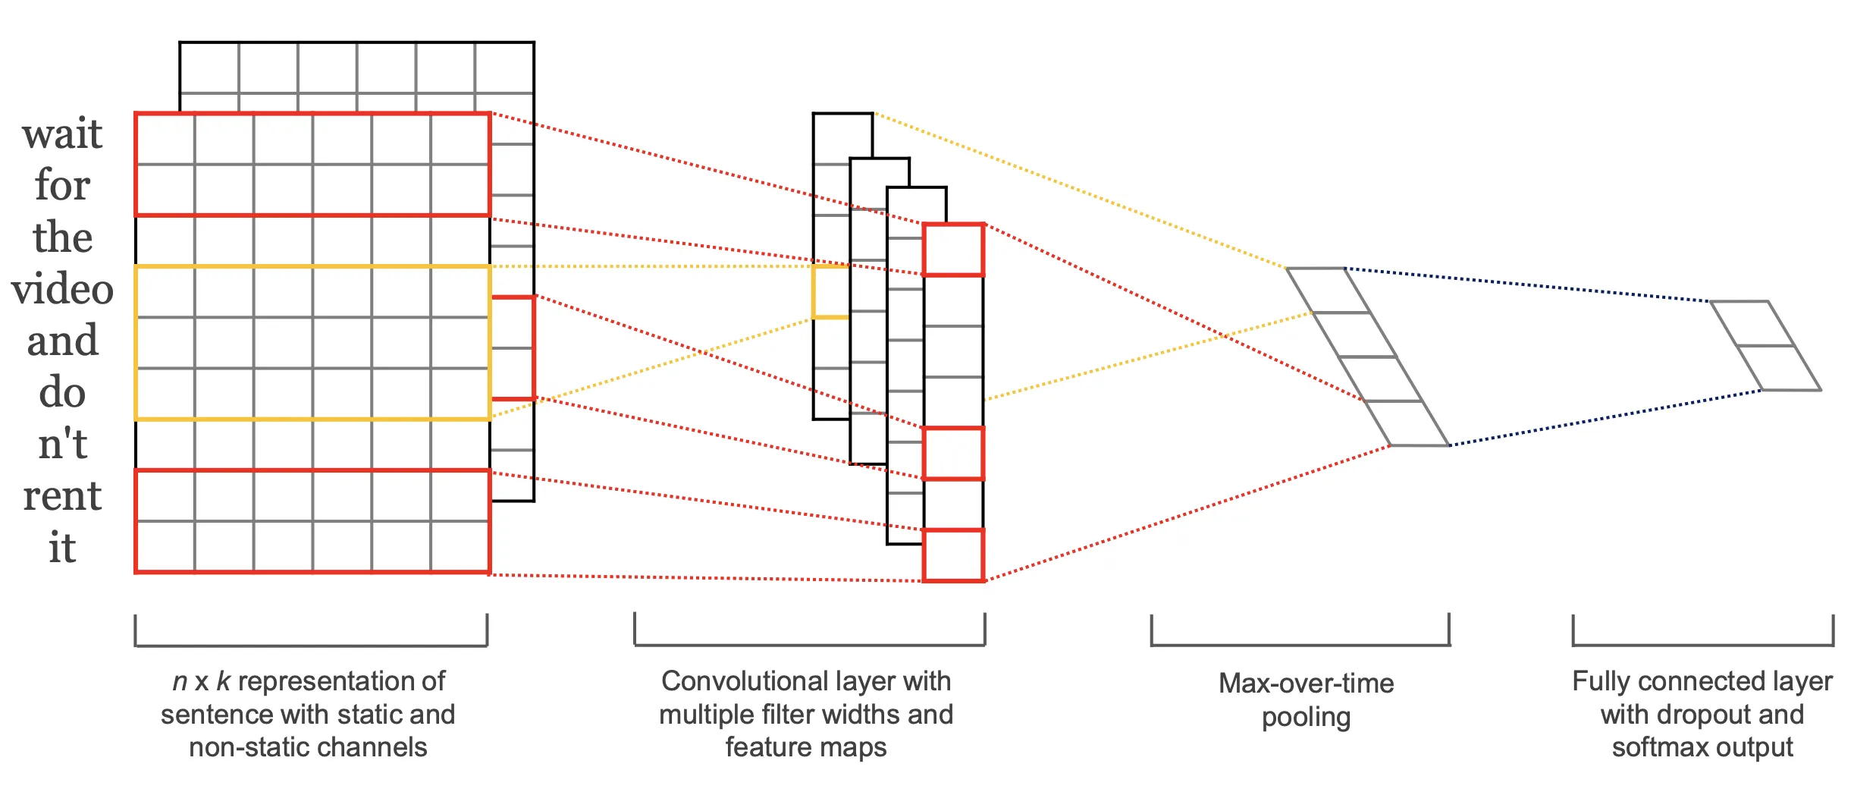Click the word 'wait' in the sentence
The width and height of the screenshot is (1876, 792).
click(62, 134)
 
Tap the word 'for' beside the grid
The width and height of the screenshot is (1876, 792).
click(62, 185)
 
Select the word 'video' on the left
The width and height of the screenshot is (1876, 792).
click(62, 289)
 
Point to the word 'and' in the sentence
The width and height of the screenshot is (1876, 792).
click(62, 341)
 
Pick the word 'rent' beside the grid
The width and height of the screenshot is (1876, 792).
click(62, 496)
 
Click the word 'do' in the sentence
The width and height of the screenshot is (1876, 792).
click(62, 391)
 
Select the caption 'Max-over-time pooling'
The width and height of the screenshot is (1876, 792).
click(1306, 700)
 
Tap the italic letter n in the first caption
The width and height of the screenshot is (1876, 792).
click(180, 682)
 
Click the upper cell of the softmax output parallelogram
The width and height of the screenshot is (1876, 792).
click(1752, 324)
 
